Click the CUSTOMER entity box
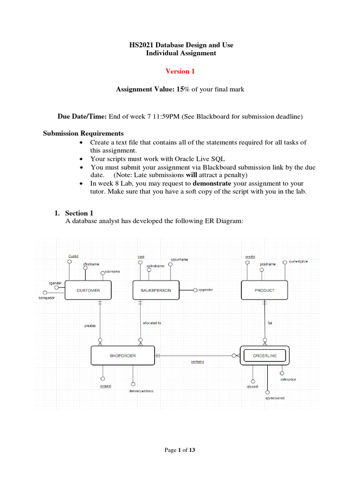88,290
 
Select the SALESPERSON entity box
156,290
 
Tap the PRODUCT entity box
264,290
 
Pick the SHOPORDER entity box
123,355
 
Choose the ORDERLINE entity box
265,355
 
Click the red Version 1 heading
180,71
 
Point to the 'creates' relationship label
90,326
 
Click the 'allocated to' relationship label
152,323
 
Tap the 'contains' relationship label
197,362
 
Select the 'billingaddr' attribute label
46,298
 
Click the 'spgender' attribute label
205,290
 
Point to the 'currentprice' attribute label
299,261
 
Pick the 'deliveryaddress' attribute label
141,390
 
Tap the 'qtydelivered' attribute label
275,398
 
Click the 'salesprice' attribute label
288,379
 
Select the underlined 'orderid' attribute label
105,386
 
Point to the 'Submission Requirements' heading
83,133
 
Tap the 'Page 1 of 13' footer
180,450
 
